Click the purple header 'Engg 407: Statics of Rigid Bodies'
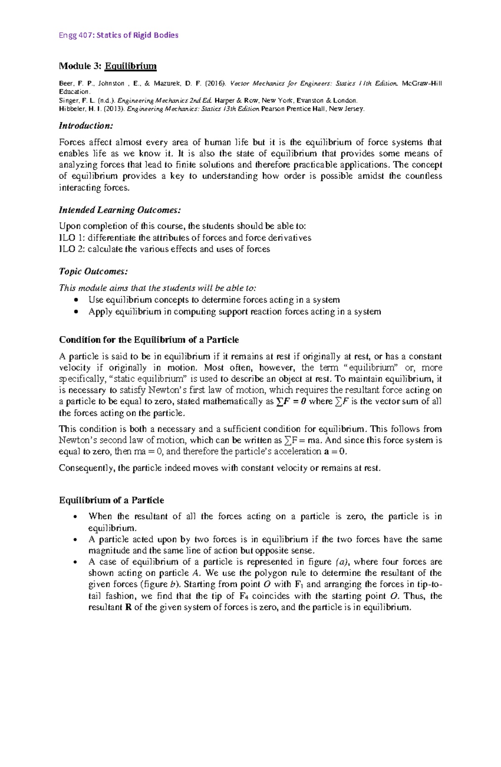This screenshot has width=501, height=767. coord(119,35)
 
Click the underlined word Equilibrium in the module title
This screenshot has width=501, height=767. coord(131,66)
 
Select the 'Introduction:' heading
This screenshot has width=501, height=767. coord(86,126)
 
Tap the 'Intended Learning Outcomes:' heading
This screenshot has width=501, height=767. coord(120,210)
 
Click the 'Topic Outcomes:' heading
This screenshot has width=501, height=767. coord(93,271)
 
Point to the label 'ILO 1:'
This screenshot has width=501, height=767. coord(72,238)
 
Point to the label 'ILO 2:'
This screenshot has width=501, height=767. coord(72,249)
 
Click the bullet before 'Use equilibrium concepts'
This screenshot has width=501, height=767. coord(76,300)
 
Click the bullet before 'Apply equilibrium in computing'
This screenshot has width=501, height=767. coord(76,311)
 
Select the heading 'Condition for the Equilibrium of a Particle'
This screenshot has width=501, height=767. coord(149,339)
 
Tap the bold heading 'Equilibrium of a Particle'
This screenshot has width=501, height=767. coord(111,500)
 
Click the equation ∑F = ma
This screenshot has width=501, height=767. coord(303,440)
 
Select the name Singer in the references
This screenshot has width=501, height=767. coord(68,101)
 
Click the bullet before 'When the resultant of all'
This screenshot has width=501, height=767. coord(76,517)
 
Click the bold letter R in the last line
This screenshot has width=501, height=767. coord(129,607)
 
